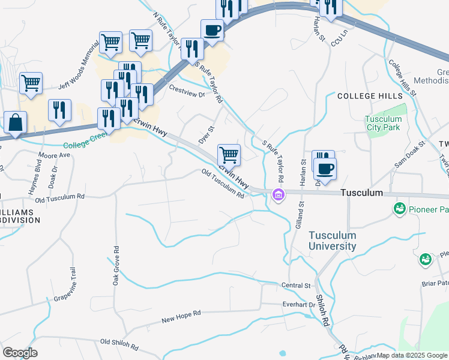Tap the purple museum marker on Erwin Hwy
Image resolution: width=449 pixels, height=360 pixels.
coord(278,194)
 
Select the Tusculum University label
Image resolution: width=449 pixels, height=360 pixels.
coord(333,241)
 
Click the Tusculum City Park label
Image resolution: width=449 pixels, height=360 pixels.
coord(384,123)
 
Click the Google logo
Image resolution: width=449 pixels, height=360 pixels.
coord(20,353)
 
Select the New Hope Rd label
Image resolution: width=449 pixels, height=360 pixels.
coord(181,317)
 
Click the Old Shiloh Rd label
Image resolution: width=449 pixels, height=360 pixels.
coord(119,344)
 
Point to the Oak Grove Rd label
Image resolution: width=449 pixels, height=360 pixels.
coord(116,265)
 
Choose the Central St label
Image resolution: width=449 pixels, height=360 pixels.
coord(295,285)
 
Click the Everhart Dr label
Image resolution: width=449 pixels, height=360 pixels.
coord(299,305)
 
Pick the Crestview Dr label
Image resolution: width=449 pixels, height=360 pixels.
coord(187,91)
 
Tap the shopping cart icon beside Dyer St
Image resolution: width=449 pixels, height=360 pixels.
coord(229,155)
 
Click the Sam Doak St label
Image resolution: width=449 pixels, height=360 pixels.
coord(409,155)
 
